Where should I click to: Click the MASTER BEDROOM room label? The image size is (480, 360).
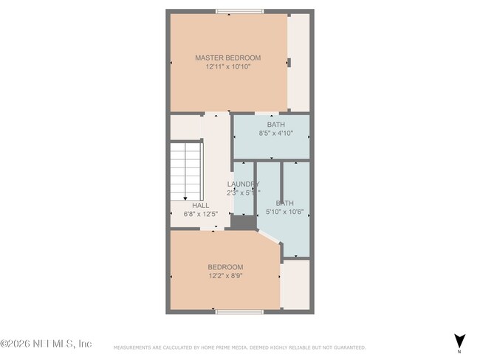227,58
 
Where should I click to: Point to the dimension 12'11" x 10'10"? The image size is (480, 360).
227,66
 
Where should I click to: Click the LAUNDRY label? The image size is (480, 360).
242,184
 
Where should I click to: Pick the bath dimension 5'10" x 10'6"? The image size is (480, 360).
284,212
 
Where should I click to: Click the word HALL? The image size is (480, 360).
200,206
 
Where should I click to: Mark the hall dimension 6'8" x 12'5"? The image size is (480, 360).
200,214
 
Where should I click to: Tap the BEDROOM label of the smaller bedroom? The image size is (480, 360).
224,267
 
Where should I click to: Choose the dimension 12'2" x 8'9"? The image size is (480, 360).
224,276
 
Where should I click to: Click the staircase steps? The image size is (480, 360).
186,170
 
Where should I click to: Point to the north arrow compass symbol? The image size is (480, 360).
459,342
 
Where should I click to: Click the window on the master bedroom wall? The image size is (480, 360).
238,11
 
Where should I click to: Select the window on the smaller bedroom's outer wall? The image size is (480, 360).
238,312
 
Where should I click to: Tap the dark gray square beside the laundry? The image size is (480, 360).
241,221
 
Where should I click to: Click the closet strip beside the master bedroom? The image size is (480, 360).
298,62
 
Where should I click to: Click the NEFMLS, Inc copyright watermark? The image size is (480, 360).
46,344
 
